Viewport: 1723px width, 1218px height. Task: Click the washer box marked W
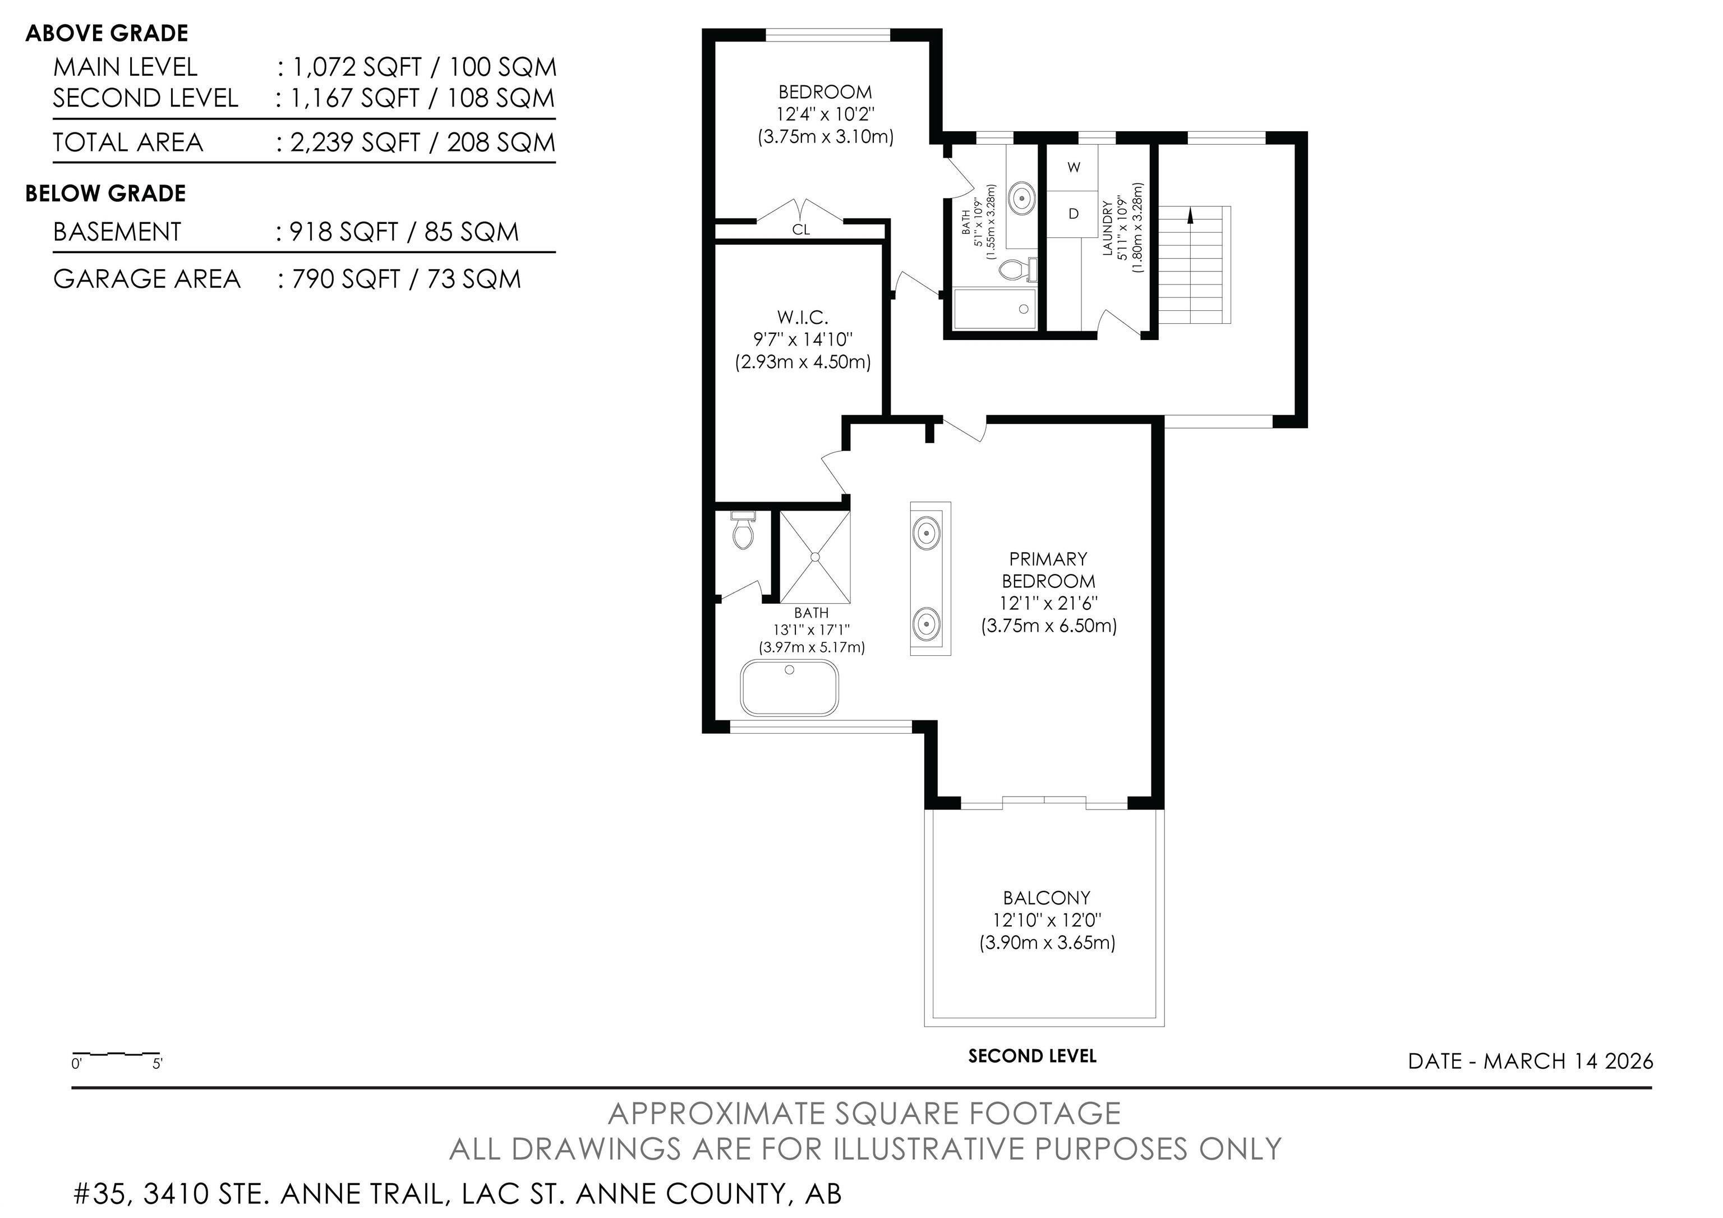pos(1073,167)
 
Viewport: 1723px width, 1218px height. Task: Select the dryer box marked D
pos(1073,214)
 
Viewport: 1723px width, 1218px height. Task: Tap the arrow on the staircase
pos(1190,216)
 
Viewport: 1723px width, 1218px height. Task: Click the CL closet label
pos(801,229)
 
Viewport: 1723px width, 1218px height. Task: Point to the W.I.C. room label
pos(802,318)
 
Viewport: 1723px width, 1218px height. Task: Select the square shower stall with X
pos(815,557)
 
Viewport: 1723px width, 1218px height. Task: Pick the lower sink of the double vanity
pos(927,623)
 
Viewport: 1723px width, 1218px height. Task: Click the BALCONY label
pos(1046,898)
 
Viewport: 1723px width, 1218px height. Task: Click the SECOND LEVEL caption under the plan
pos(1032,1056)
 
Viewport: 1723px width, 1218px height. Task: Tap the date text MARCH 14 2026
pos(1568,1061)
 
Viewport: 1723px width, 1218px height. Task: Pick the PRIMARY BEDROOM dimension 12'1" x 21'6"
pos(1048,603)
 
